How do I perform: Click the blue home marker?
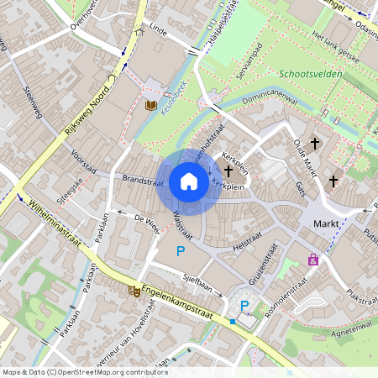pos(188,181)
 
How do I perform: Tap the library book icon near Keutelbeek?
pos(152,105)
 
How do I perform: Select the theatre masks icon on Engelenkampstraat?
pos(134,291)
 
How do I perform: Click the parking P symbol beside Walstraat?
pos(180,251)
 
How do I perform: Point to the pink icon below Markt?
pos(313,260)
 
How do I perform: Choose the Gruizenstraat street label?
pos(265,262)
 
